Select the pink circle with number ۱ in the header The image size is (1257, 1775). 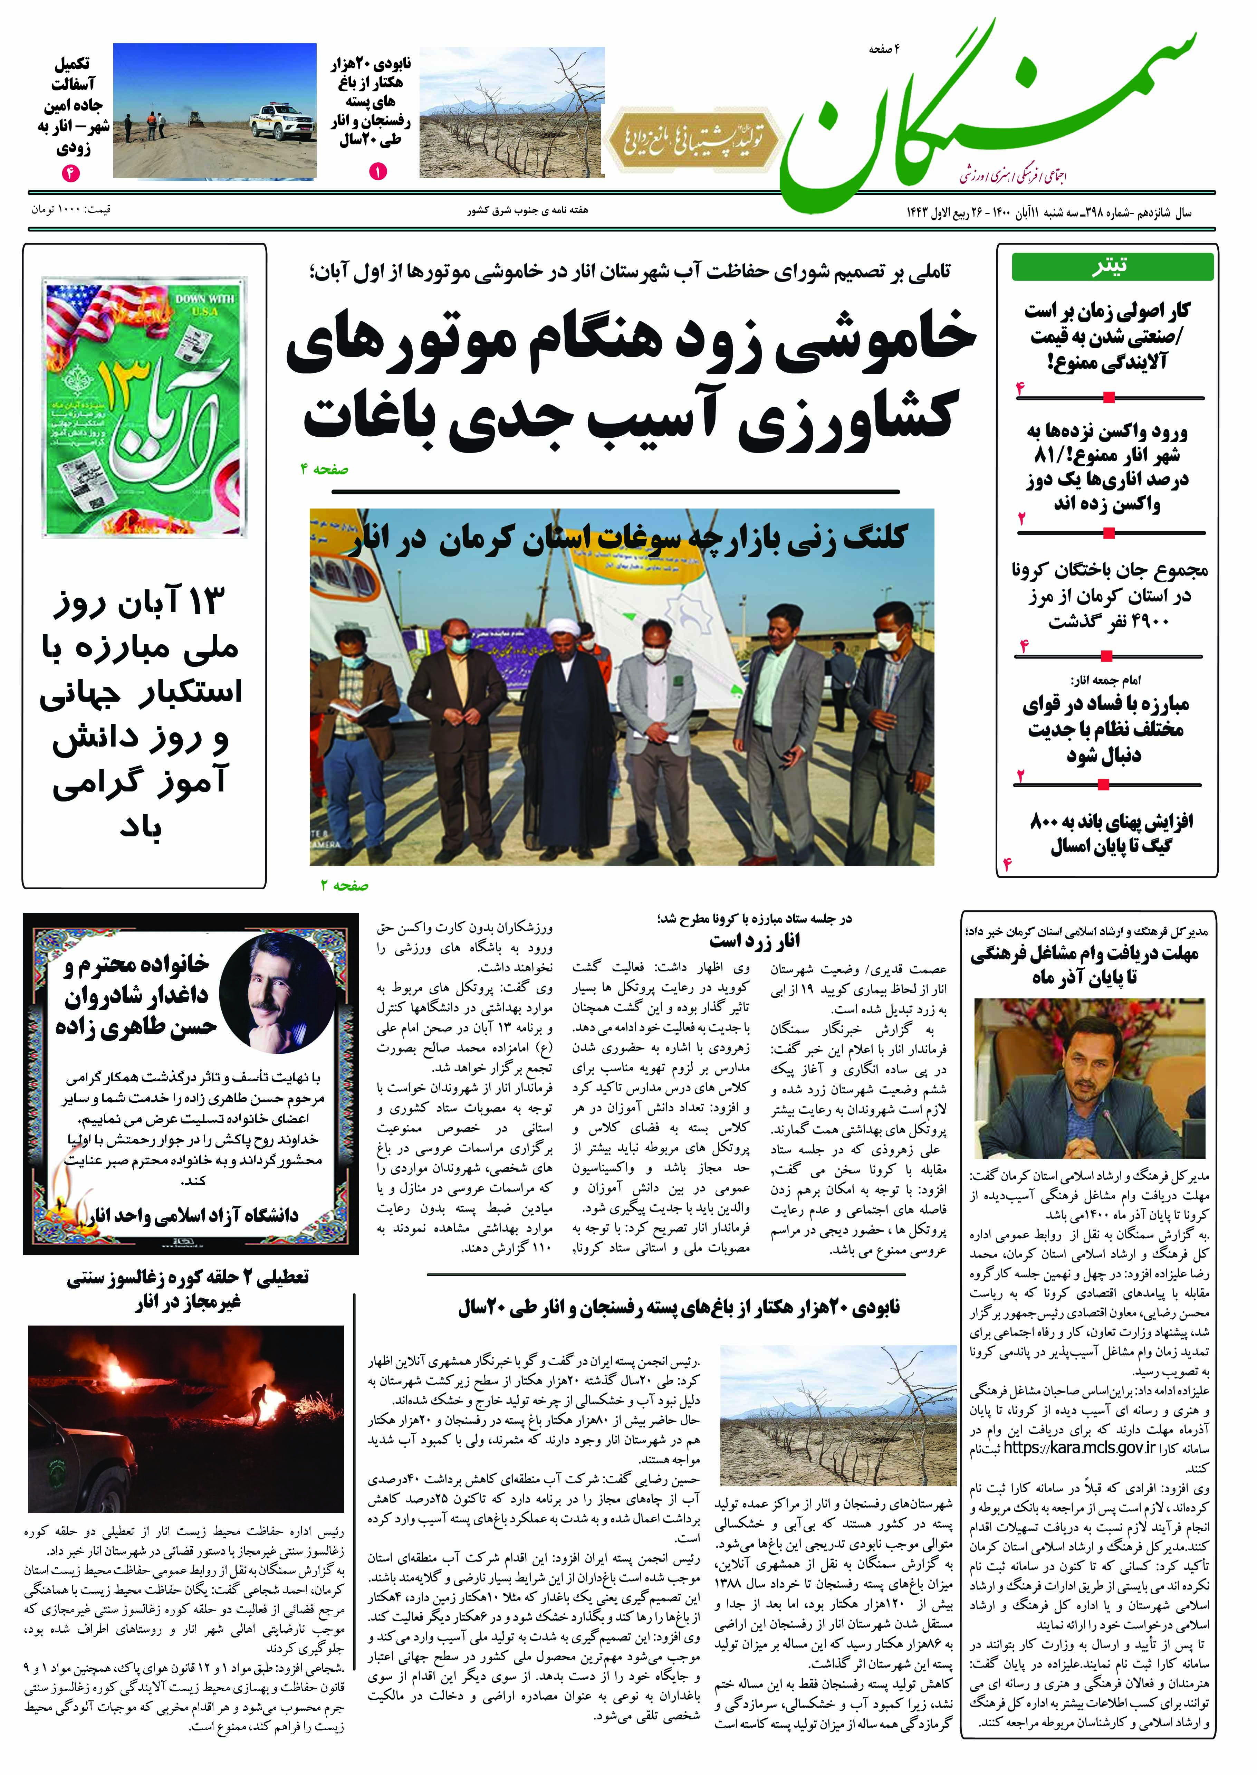tap(378, 172)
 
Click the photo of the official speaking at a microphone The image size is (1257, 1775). tap(1089, 1076)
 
